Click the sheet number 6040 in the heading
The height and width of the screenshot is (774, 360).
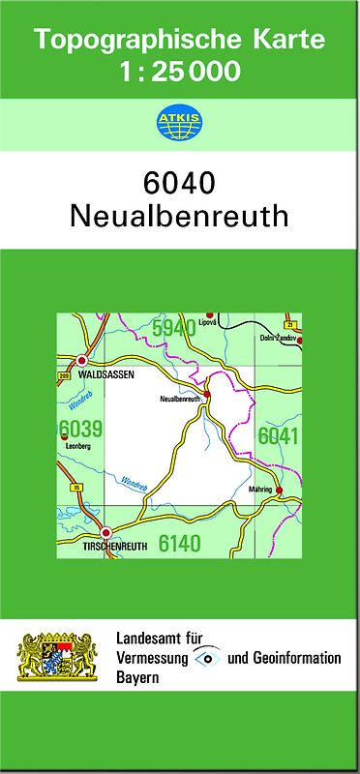click(179, 182)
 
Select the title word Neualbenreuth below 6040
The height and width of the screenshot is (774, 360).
click(179, 216)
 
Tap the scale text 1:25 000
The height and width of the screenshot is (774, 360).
click(179, 71)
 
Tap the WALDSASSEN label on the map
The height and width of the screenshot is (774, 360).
click(105, 373)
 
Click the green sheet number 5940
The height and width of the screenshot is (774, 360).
click(174, 328)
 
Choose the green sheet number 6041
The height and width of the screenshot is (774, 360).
click(278, 436)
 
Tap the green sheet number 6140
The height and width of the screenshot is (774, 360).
click(180, 544)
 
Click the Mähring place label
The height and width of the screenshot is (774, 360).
click(262, 491)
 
